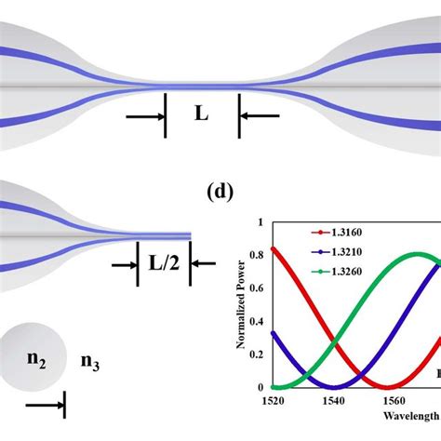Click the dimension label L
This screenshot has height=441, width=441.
201,115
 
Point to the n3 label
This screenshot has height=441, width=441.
89,361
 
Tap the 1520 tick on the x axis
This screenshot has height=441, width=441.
272,401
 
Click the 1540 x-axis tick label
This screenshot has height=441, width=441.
330,401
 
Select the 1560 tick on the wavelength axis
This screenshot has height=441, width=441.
390,401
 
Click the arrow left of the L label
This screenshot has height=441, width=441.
145,115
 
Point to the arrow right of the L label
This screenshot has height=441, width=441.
261,115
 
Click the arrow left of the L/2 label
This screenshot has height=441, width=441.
122,264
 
